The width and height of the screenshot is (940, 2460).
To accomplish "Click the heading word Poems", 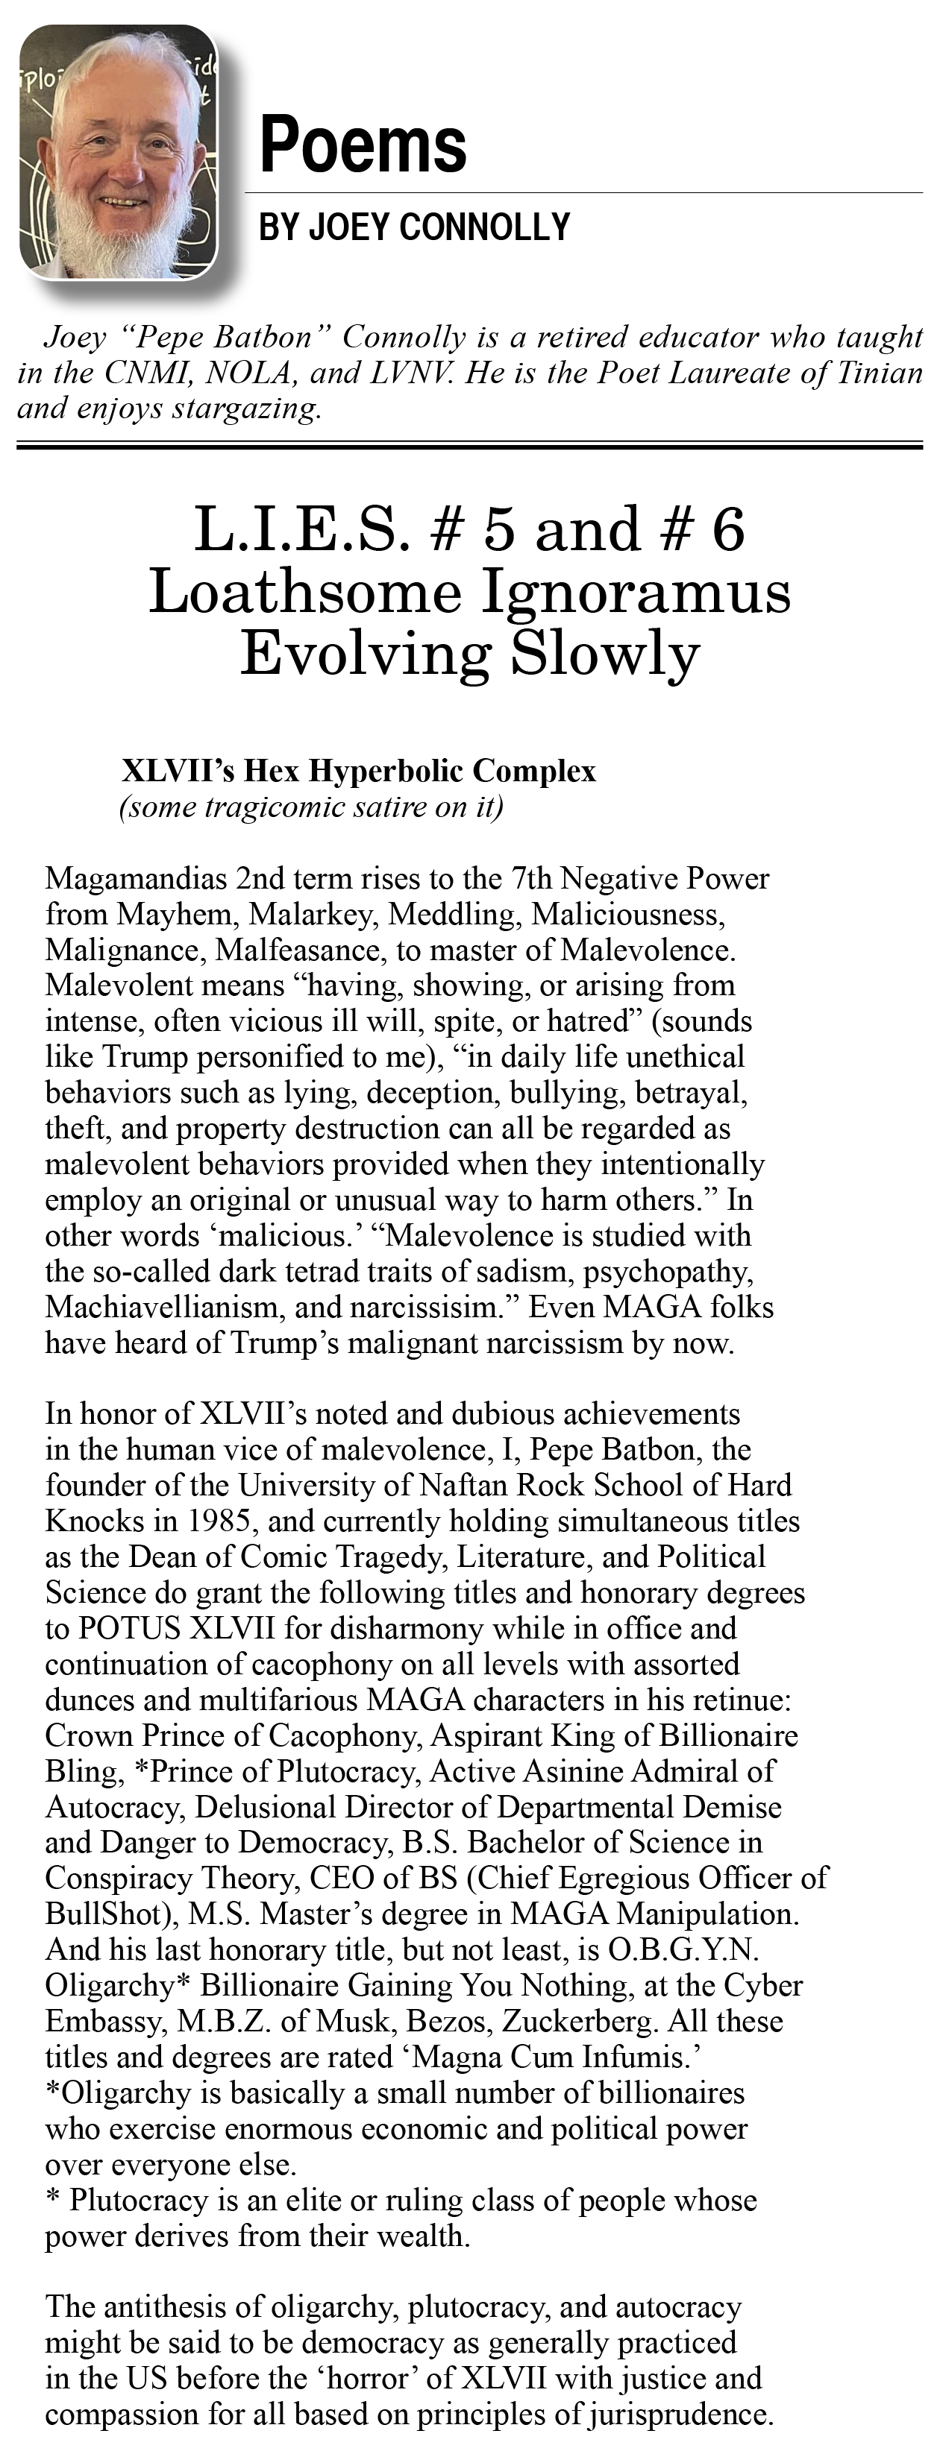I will [363, 145].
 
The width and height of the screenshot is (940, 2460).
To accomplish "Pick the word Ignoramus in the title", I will [636, 591].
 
